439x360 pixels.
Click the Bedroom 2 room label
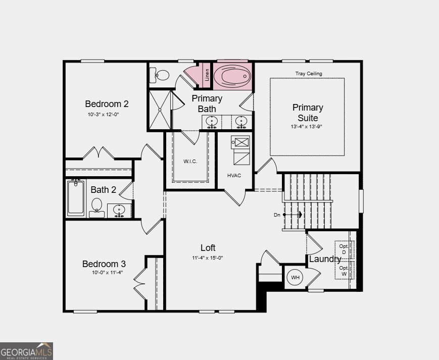[x=107, y=104]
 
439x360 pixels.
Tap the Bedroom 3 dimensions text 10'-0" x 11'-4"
[x=107, y=273]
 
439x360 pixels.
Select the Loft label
[x=208, y=247]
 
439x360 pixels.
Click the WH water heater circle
[x=295, y=277]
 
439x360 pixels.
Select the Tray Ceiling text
[x=308, y=74]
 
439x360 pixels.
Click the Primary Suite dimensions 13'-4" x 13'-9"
[x=307, y=127]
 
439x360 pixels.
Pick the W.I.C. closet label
[x=190, y=162]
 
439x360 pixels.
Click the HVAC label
[x=234, y=175]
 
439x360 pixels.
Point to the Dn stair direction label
[x=277, y=215]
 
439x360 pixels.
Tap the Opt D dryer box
[x=344, y=249]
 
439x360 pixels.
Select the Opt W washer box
[x=344, y=271]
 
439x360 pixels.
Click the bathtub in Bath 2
[x=76, y=198]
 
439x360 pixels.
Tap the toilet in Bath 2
[x=96, y=207]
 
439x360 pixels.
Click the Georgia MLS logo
[x=26, y=350]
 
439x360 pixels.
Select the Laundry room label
[x=325, y=259]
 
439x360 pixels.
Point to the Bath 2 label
[x=103, y=190]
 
